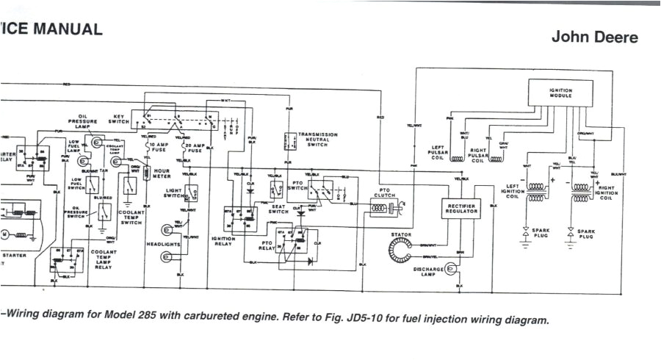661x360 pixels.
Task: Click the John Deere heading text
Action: pyautogui.click(x=595, y=37)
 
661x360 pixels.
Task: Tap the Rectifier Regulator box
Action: pyautogui.click(x=462, y=208)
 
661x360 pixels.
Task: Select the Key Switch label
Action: pyautogui.click(x=118, y=118)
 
